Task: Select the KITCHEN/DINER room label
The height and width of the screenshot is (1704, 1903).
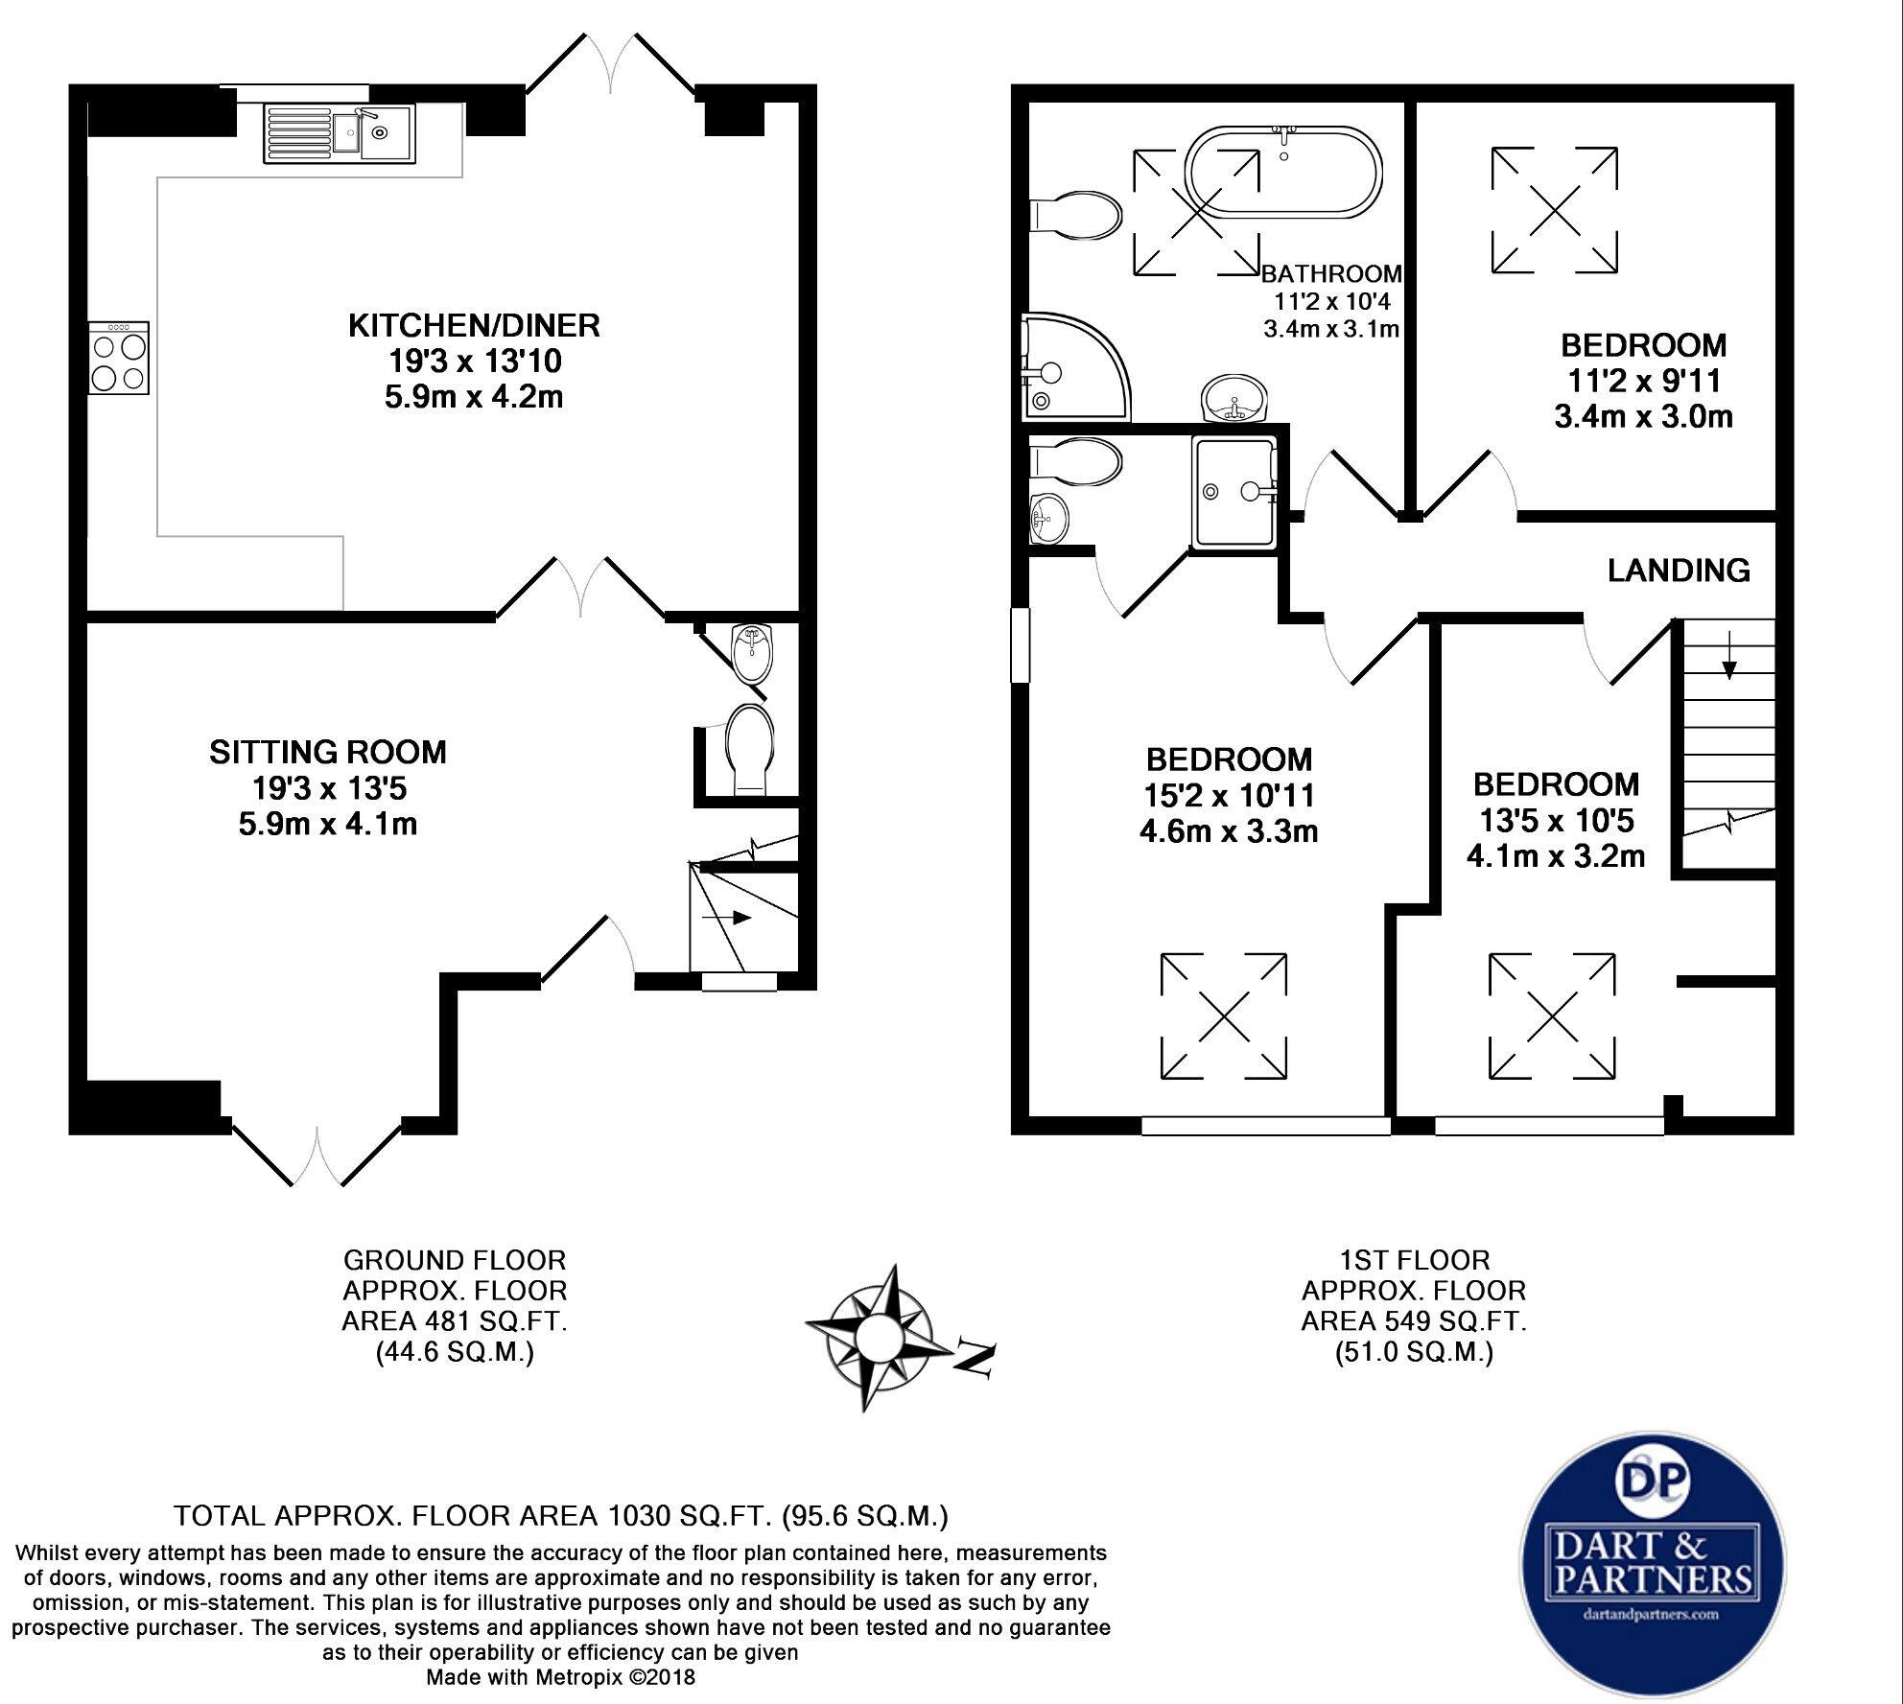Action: click(474, 326)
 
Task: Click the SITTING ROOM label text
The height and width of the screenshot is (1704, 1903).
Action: click(328, 752)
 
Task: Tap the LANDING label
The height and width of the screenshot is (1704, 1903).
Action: click(1679, 571)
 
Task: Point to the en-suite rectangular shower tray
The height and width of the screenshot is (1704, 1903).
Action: click(1234, 491)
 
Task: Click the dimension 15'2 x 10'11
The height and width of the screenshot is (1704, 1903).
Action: click(1229, 795)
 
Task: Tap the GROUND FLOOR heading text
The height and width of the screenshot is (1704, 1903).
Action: click(455, 1260)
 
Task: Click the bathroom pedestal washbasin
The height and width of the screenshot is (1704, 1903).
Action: click(1233, 398)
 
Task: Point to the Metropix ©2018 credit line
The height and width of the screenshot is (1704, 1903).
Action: click(560, 1677)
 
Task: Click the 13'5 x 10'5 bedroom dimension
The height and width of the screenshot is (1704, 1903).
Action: click(1555, 820)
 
